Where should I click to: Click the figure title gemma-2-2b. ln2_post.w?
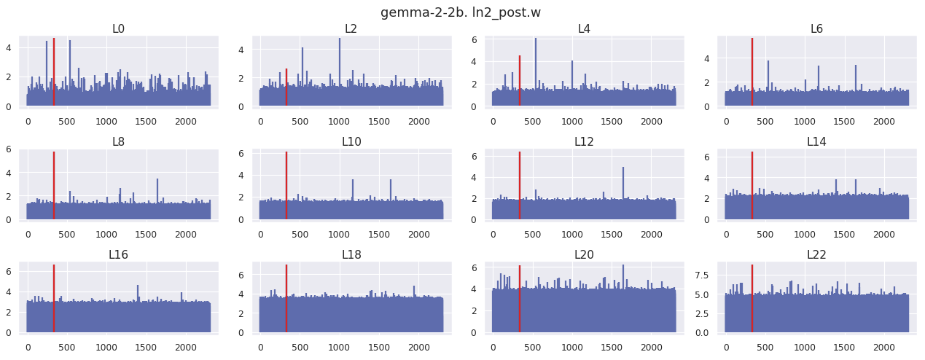(460, 12)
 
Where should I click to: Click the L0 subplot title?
(118, 29)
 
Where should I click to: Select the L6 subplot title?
(816, 29)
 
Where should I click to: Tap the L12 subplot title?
(584, 141)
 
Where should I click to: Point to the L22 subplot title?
(816, 254)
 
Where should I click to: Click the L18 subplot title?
(351, 254)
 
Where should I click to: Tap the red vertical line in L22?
(752, 299)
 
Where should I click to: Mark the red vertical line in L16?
(54, 299)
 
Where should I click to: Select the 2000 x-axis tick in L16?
(186, 348)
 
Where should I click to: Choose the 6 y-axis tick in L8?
(9, 149)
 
